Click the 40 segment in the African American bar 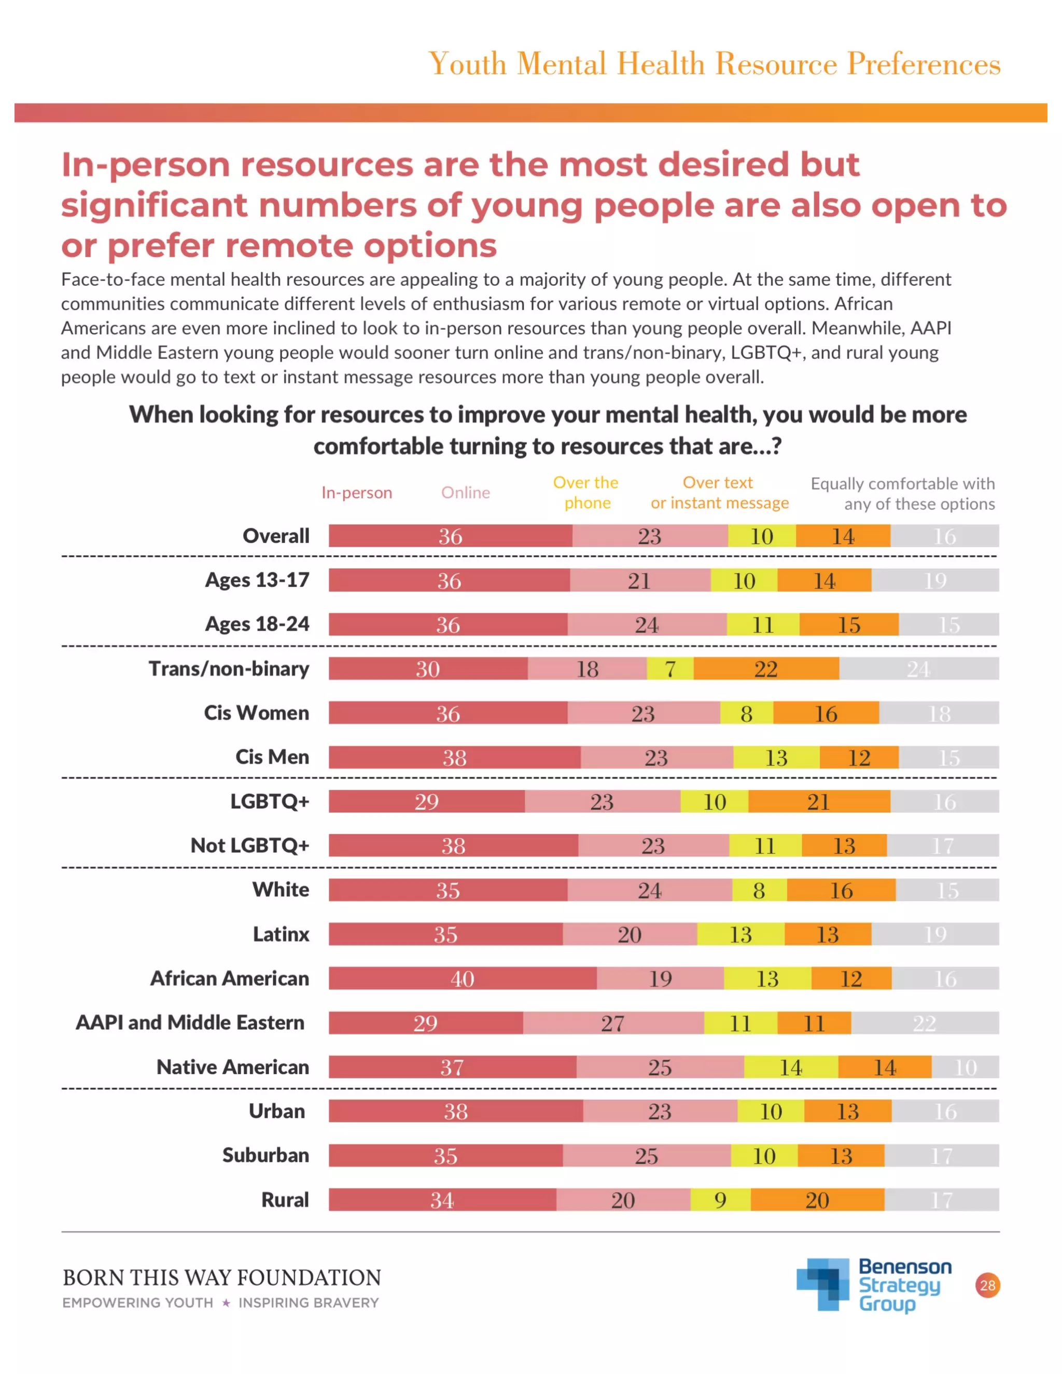[x=463, y=978]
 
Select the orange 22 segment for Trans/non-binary [x=766, y=668]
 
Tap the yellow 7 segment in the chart [x=670, y=668]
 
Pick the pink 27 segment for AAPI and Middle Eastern [x=613, y=1023]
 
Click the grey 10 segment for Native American [x=965, y=1067]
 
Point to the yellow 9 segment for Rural [x=720, y=1200]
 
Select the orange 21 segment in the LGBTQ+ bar [x=818, y=802]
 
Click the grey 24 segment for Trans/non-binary [x=918, y=668]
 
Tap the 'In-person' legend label [x=357, y=493]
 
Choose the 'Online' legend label [x=466, y=493]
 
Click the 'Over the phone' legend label [x=586, y=493]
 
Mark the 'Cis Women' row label [x=257, y=713]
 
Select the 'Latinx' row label [x=281, y=934]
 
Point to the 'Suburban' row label [x=265, y=1155]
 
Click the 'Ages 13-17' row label [x=257, y=580]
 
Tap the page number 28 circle [x=988, y=1285]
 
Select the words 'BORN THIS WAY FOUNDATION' [x=221, y=1278]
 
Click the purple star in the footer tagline [x=226, y=1303]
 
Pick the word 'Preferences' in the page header [x=923, y=64]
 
